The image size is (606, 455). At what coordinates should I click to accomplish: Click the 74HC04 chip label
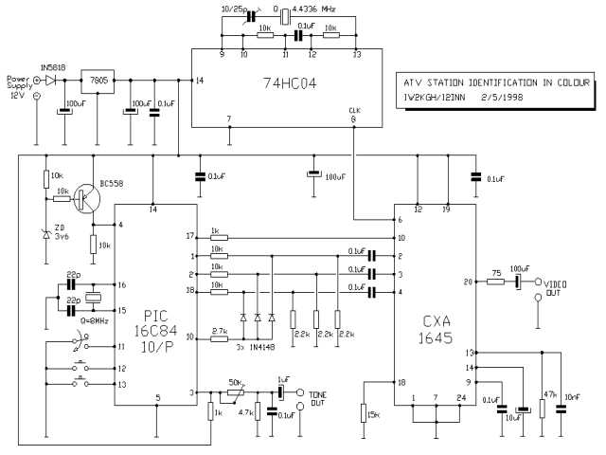pos(290,84)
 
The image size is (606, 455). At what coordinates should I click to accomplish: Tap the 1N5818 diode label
pos(52,68)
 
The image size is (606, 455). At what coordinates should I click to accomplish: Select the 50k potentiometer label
pos(236,382)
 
